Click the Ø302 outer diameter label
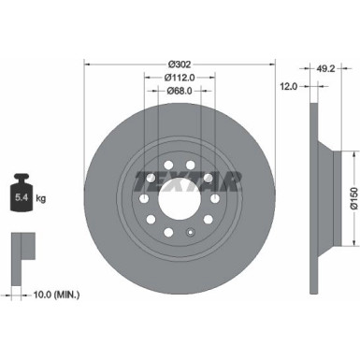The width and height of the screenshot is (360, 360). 180,65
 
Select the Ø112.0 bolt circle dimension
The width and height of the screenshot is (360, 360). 180,78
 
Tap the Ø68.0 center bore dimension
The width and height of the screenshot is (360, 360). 180,91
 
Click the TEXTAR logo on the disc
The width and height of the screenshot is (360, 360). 186,179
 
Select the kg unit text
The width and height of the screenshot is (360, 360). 39,198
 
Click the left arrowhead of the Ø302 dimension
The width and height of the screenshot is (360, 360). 88,65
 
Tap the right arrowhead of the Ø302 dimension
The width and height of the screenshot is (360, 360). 272,65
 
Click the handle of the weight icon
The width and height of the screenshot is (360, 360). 20,178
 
